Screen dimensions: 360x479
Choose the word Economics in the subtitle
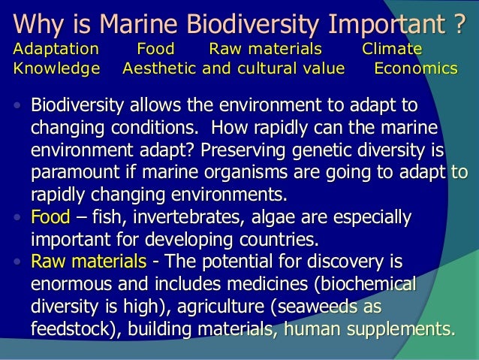pyautogui.click(x=415, y=69)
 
